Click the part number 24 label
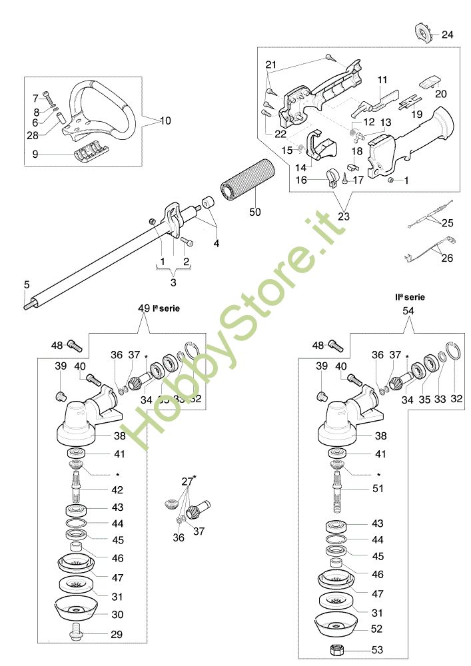pos(448,35)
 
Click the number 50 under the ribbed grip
pos(254,212)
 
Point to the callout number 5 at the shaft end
pos(27,284)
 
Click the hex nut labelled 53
pos(333,649)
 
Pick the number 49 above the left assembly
pos(144,309)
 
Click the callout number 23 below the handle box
pos(344,216)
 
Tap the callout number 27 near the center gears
pos(187,481)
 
